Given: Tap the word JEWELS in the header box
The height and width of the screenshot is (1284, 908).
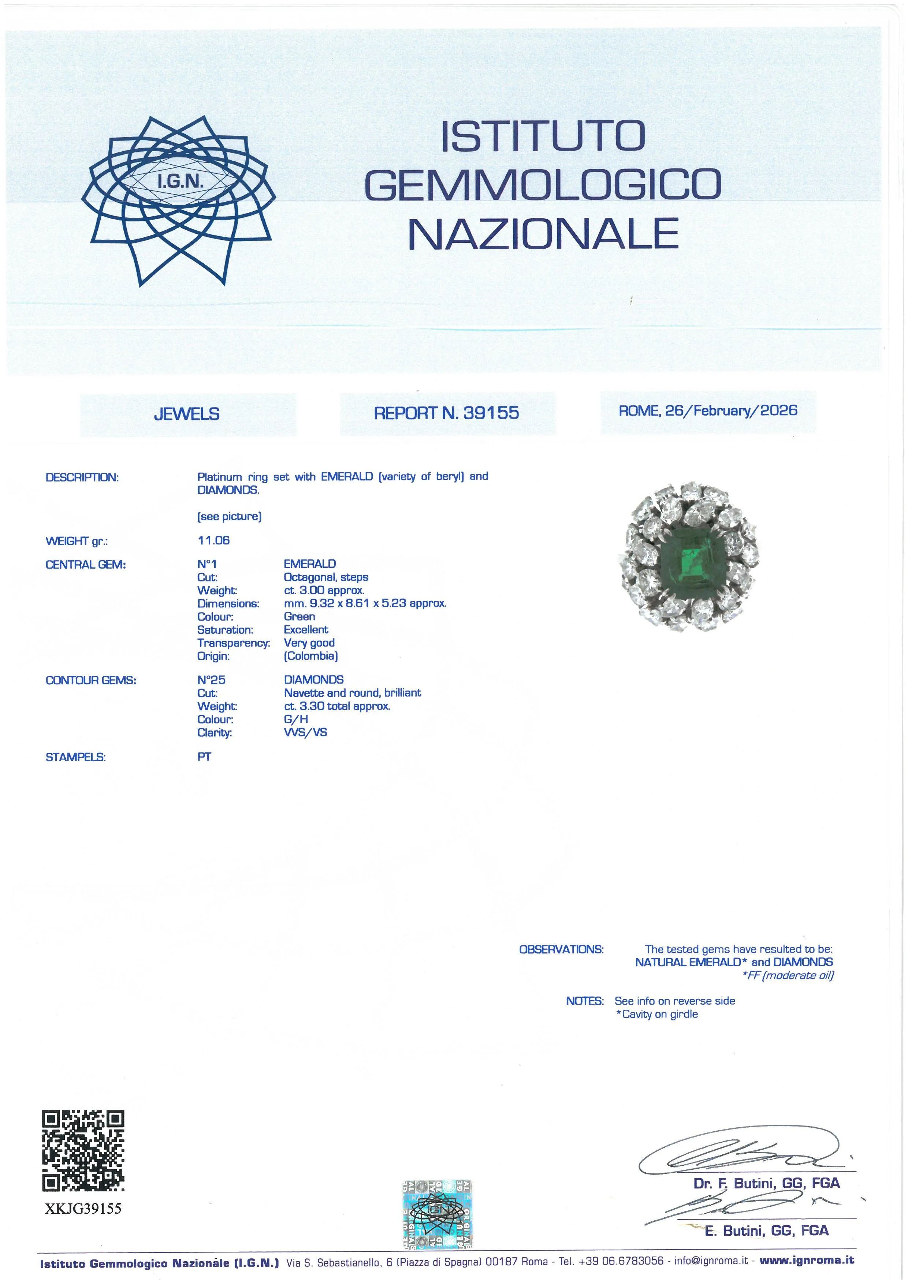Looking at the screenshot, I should point(187,414).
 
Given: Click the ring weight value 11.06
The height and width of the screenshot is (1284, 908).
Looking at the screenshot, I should point(213,540).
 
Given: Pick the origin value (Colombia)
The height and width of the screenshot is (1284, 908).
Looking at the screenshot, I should point(311,656).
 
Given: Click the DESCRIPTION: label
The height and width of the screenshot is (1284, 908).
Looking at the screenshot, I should point(82,477).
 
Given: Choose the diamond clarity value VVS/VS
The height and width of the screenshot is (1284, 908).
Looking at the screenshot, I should point(305,733).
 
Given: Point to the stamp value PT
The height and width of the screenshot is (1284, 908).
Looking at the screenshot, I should point(204,757).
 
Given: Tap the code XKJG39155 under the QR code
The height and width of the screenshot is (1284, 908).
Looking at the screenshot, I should point(83,1209).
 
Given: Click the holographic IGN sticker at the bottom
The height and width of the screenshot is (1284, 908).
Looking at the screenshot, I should point(437,1214).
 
